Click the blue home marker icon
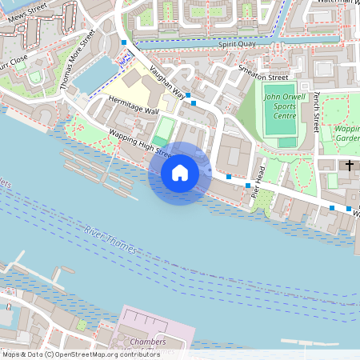click(180, 172)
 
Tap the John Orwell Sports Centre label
click(280, 106)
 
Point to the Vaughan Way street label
click(169, 83)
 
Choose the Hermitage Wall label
click(134, 106)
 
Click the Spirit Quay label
click(236, 45)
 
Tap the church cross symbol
click(350, 166)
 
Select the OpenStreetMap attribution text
click(81, 354)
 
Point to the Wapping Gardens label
click(348, 133)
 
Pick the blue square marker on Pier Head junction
click(229, 176)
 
